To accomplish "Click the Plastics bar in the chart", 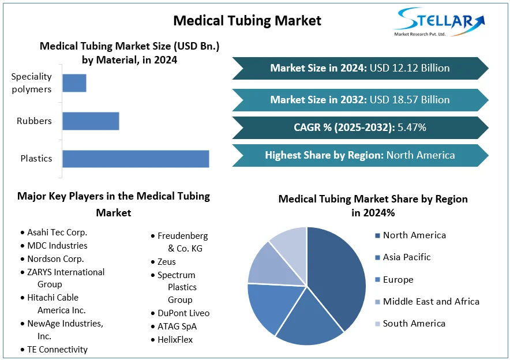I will (x=136, y=159).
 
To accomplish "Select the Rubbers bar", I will (x=91, y=121).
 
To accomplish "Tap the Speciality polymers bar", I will (x=74, y=83).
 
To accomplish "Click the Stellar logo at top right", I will (x=439, y=22).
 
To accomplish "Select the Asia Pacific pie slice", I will (x=308, y=320).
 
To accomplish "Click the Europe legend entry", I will (x=397, y=280).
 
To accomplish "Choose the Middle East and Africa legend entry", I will (x=430, y=302).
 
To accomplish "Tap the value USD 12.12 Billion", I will (x=410, y=68).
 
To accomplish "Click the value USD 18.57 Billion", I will (x=410, y=100).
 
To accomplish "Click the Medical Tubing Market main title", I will (x=247, y=21).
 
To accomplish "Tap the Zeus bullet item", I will (x=166, y=262).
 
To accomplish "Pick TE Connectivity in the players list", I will (x=57, y=350).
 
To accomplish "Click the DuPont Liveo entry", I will (x=183, y=313).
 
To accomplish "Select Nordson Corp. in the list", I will (x=55, y=259).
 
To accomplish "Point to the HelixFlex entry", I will (x=175, y=340).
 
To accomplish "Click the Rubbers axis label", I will (x=34, y=121).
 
